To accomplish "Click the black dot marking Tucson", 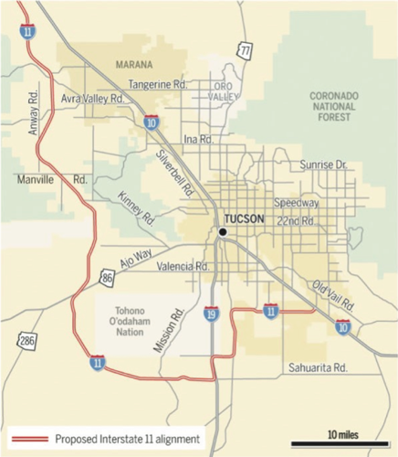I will point(222,232).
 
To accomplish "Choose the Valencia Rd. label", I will point(181,267).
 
